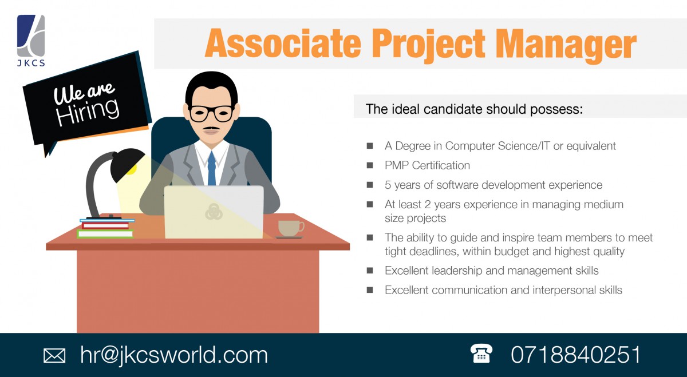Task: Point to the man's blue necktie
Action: [x=212, y=168]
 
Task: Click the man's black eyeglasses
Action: [x=211, y=113]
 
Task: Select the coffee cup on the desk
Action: [x=290, y=228]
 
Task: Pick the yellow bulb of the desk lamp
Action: [x=132, y=169]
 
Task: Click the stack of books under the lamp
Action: [x=106, y=228]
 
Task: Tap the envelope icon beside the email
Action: [x=54, y=355]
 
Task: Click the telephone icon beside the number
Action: [x=481, y=354]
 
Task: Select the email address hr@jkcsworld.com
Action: [x=174, y=355]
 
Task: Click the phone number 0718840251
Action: [x=575, y=355]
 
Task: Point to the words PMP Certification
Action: [x=427, y=165]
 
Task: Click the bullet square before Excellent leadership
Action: [x=370, y=271]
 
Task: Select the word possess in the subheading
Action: [x=558, y=109]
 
